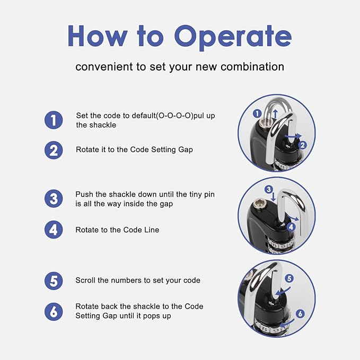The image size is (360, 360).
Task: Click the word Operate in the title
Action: point(233,38)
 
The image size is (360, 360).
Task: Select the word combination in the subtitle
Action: point(252,67)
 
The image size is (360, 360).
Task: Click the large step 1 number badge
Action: point(54,120)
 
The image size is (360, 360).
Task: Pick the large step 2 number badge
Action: point(54,150)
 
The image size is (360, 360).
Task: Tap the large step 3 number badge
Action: point(54,199)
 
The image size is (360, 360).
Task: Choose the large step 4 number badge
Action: point(54,230)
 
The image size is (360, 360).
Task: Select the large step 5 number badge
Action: point(54,281)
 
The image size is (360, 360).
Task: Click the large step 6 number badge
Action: point(54,312)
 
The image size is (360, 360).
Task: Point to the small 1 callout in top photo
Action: point(257,113)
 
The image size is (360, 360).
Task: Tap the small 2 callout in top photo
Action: point(303,145)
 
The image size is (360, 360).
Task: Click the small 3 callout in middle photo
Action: point(269,189)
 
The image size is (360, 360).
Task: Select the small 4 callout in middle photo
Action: point(291,227)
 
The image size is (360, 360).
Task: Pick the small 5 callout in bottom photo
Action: point(289,278)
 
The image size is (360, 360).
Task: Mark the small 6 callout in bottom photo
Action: point(300,314)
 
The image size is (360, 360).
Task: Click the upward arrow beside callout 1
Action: point(276,114)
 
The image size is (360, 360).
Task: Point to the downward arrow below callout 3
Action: point(273,197)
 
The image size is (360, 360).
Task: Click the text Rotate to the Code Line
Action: point(117,230)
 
